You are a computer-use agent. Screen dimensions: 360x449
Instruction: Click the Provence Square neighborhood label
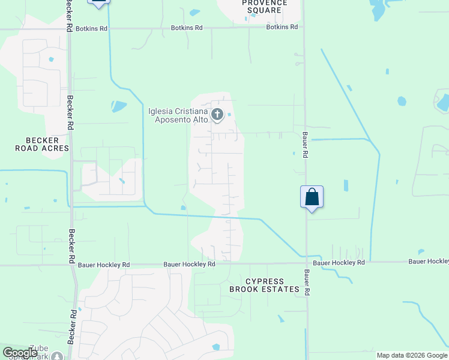tap(264, 7)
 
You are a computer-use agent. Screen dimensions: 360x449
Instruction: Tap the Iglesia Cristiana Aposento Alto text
tap(178, 115)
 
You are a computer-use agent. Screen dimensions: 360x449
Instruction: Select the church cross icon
tap(217, 114)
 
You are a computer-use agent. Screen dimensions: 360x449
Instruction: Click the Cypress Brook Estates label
tap(264, 285)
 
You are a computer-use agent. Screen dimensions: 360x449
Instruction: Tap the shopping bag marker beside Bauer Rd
tap(312, 197)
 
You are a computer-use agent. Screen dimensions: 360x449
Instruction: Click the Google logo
tap(20, 353)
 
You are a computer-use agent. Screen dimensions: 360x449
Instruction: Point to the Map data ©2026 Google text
tap(412, 355)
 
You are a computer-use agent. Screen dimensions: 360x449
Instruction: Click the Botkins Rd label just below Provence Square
tap(282, 27)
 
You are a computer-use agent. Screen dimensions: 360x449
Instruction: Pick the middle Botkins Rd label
tap(187, 28)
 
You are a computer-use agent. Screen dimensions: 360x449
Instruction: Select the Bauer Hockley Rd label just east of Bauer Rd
tap(339, 263)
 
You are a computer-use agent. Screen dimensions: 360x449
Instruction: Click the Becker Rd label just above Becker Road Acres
tap(70, 107)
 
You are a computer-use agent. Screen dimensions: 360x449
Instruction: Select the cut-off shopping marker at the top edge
tap(98, 2)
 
